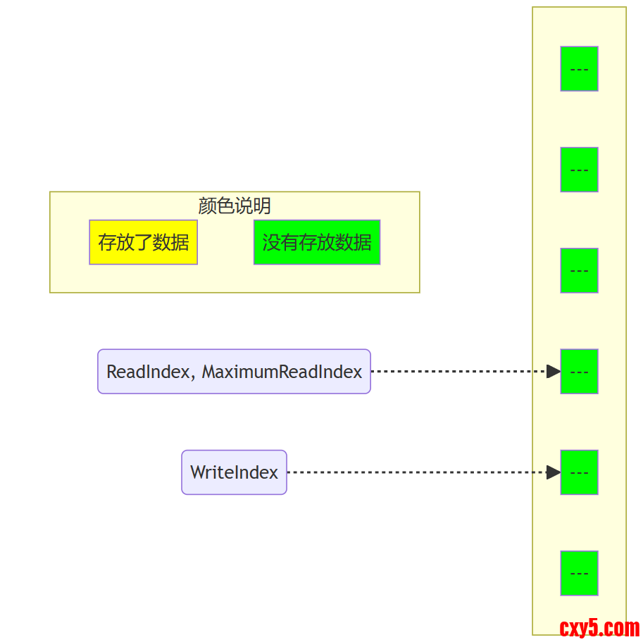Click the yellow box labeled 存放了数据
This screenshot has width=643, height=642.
point(143,242)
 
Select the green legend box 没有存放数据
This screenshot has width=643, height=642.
point(317,242)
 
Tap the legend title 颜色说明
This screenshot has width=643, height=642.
point(235,206)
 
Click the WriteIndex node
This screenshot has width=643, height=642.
point(234,472)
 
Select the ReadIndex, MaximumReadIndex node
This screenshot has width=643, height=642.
point(234,372)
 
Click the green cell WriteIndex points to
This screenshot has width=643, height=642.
point(579,472)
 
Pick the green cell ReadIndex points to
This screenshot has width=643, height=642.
point(579,372)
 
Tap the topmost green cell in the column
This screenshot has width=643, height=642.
point(579,69)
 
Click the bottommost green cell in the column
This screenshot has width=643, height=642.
point(579,573)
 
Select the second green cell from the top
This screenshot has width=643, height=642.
point(579,170)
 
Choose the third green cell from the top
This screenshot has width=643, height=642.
point(579,270)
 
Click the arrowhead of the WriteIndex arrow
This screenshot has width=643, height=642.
point(554,472)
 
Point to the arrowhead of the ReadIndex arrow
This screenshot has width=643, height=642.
point(554,372)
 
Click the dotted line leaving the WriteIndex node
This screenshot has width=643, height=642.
point(416,472)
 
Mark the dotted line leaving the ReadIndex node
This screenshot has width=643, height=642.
point(458,372)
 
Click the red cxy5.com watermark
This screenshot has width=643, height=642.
point(599,627)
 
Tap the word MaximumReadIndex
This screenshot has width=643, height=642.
point(282,372)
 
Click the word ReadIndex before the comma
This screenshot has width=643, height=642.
point(148,372)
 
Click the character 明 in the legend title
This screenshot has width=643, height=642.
point(262,206)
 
